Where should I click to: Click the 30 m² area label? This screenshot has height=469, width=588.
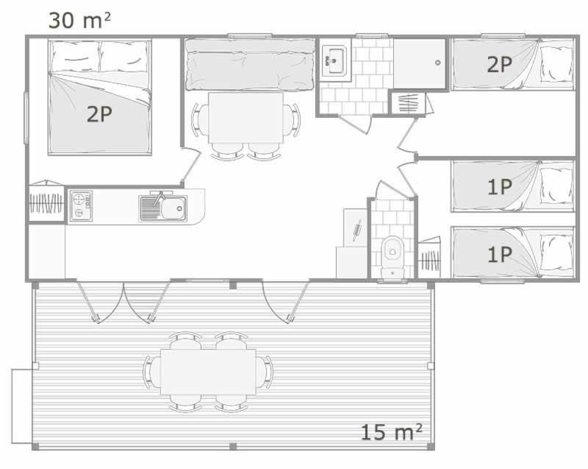coord(79,21)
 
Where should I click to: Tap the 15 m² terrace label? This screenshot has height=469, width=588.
coord(391,432)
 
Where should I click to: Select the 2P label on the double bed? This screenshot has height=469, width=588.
coord(99,114)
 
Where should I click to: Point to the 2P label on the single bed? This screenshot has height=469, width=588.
coord(499,64)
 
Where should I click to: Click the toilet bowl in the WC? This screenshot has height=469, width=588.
coord(392,250)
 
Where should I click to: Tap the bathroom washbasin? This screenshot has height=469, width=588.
coord(335,60)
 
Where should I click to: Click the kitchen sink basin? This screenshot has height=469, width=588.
coord(173,208)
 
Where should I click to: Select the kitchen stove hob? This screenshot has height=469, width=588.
coord(81,205)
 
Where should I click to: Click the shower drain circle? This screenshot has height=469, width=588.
coord(437,63)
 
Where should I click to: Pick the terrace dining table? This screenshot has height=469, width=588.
coord(208,372)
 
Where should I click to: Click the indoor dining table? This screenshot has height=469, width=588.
coord(246,118)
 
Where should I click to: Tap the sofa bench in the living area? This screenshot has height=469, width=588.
coord(250,65)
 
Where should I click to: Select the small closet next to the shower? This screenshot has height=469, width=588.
coord(408,102)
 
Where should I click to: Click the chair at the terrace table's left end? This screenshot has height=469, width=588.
coord(152,372)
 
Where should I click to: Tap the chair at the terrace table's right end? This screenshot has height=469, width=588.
coord(265,372)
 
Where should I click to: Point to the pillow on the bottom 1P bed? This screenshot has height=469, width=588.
coord(556,252)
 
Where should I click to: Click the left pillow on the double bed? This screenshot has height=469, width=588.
coord(76,57)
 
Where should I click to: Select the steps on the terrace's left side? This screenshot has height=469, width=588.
coord(22,406)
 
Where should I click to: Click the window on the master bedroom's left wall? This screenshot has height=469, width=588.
coord(26,118)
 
